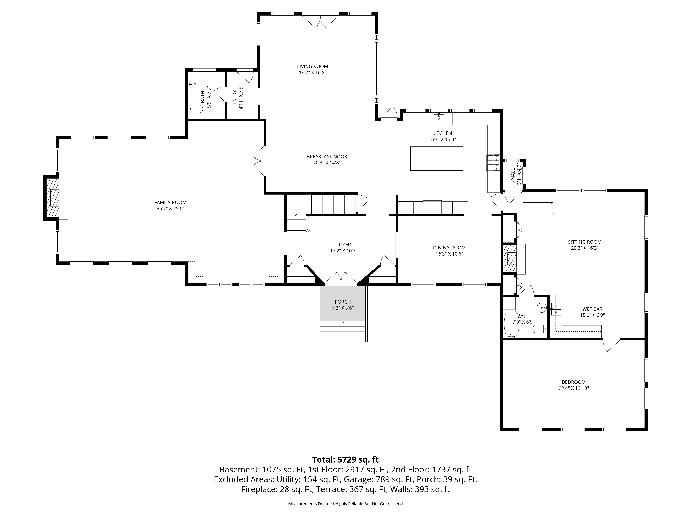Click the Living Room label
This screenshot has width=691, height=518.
[312, 66]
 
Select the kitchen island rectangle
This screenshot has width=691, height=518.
[436, 158]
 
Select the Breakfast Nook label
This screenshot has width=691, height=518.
[327, 157]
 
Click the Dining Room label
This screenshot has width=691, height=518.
[449, 248]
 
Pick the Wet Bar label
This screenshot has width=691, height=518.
[592, 309]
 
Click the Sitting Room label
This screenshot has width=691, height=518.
[584, 242]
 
